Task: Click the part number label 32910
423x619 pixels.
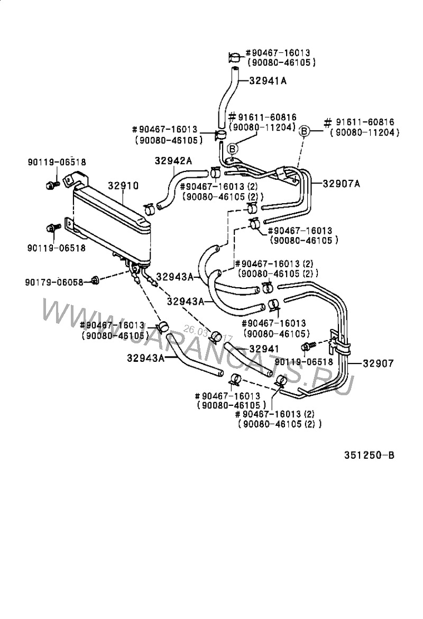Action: coord(124,186)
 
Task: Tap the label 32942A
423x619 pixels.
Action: coord(173,161)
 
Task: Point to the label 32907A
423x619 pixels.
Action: coord(342,184)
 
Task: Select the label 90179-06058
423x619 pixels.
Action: coord(54,282)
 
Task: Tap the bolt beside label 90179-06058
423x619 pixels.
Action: coord(96,280)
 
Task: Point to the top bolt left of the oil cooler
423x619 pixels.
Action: coord(51,185)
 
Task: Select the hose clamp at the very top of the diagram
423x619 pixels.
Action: coord(235,57)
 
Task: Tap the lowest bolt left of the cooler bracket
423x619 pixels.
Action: coord(51,228)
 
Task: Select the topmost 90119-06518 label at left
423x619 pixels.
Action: coord(57,162)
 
